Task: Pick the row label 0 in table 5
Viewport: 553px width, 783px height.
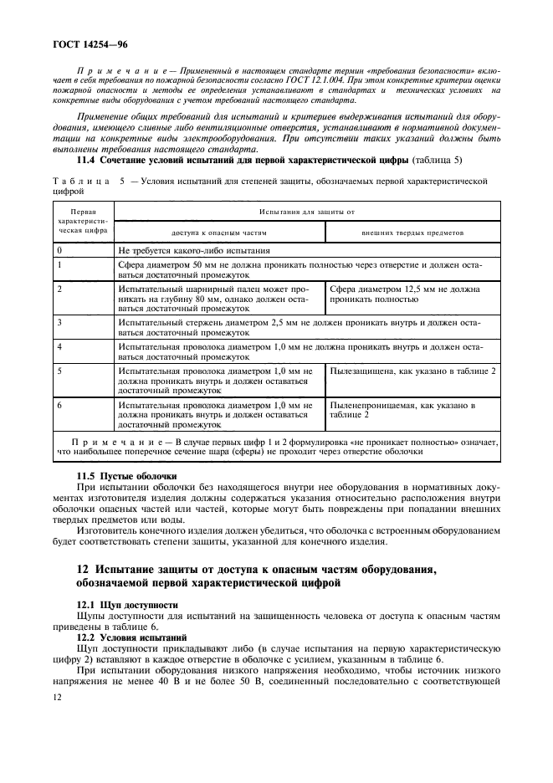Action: [59, 250]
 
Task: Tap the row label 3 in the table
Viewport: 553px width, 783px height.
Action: [59, 321]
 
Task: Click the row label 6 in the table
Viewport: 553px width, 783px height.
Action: [59, 405]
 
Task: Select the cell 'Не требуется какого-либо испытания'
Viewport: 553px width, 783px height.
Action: [194, 250]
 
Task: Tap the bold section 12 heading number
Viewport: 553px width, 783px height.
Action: [83, 571]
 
